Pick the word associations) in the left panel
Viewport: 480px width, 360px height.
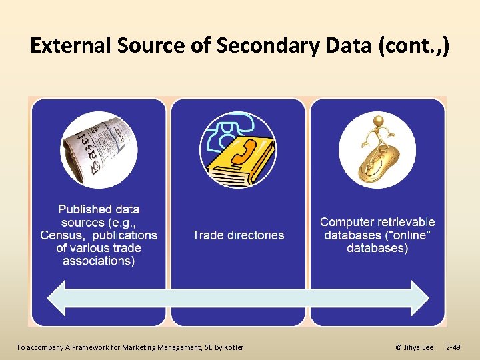[99, 261]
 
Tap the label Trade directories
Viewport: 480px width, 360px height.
[238, 235]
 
